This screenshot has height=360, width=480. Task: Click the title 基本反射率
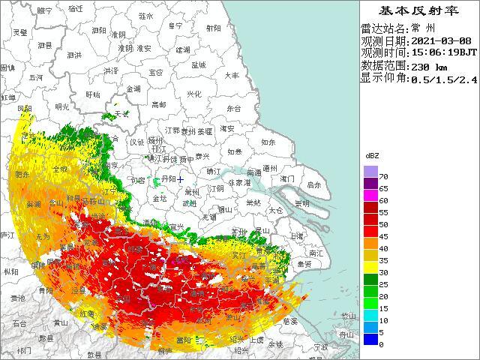[419, 10]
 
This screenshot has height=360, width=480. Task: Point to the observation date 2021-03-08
[442, 41]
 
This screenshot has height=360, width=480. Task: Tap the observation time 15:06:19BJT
[442, 53]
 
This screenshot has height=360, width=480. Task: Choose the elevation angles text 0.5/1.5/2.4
[443, 79]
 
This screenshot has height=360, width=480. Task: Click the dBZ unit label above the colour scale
[371, 154]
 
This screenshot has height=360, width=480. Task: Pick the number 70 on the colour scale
[382, 176]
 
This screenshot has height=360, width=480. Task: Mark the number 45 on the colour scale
[382, 236]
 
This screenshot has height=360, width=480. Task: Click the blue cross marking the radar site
[181, 180]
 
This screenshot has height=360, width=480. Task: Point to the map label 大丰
[232, 75]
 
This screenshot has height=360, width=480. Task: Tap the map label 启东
[314, 184]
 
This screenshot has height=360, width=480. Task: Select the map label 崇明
[301, 203]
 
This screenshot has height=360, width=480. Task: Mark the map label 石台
[19, 323]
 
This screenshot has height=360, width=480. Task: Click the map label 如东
[268, 141]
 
